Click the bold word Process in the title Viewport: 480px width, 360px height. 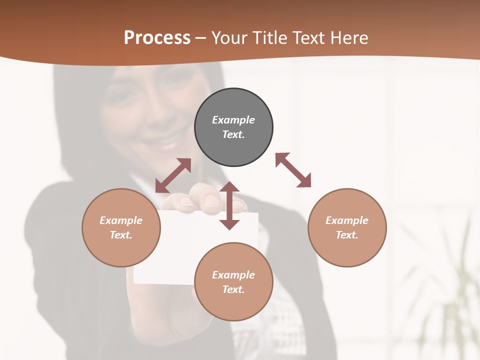coord(157,38)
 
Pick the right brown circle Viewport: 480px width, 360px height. coord(347,250)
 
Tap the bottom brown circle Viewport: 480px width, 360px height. coord(233,305)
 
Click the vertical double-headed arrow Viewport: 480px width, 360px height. coord(229,205)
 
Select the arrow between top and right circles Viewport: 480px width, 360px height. coord(293,170)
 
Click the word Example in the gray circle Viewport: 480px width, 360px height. coord(233,120)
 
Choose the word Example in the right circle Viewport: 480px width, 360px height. coord(347,220)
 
